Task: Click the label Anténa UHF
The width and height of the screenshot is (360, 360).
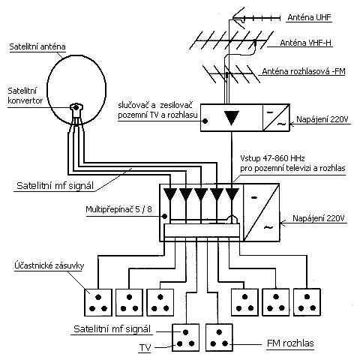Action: pyautogui.click(x=309, y=17)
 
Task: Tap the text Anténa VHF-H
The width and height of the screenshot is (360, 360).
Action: pyautogui.click(x=305, y=43)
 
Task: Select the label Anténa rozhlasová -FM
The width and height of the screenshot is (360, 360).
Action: pyautogui.click(x=304, y=71)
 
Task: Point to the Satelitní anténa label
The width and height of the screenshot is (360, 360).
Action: pyautogui.click(x=37, y=46)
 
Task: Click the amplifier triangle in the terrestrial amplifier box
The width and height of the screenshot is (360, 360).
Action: pyautogui.click(x=232, y=118)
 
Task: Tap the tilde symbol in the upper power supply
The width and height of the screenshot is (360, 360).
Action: pyautogui.click(x=281, y=124)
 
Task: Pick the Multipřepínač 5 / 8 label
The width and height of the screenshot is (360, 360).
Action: pyautogui.click(x=118, y=209)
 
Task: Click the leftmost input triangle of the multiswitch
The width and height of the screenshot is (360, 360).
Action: pyautogui.click(x=170, y=194)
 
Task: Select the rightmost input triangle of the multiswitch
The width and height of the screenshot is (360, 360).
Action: pyautogui.click(x=232, y=194)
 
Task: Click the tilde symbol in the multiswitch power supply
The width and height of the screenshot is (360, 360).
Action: pyautogui.click(x=268, y=227)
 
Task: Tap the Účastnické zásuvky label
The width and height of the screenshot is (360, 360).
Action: pyautogui.click(x=49, y=265)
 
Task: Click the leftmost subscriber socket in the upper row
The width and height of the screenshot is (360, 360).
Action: pyautogui.click(x=98, y=302)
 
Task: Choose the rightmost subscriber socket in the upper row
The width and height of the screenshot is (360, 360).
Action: pyautogui.click(x=307, y=302)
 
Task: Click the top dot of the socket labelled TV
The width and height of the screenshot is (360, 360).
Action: pyautogui.click(x=185, y=332)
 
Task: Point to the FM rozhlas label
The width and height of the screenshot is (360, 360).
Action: pyautogui.click(x=290, y=343)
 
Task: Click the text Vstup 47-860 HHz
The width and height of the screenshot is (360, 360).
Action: pyautogui.click(x=272, y=158)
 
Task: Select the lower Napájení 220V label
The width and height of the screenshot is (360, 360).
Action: pyautogui.click(x=319, y=218)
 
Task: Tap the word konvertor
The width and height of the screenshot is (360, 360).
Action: pyautogui.click(x=25, y=100)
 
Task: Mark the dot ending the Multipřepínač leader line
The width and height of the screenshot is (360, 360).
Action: pyautogui.click(x=164, y=216)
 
